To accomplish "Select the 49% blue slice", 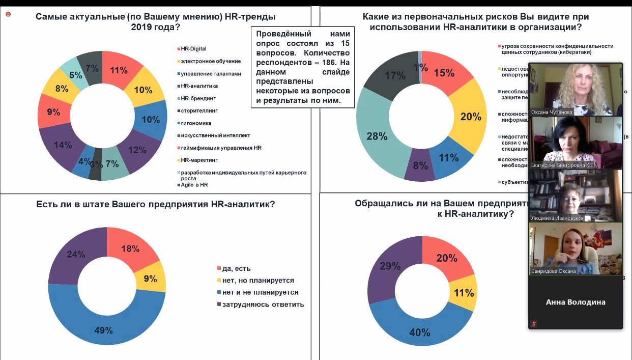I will pyautogui.click(x=103, y=330).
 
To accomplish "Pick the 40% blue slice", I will pyautogui.click(x=420, y=332).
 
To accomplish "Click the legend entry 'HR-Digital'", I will pyautogui.click(x=191, y=49).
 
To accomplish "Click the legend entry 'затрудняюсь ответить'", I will pyautogui.click(x=263, y=304).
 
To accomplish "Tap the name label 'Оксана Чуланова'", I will pyautogui.click(x=552, y=112).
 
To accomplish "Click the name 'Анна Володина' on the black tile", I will pyautogui.click(x=576, y=302).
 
